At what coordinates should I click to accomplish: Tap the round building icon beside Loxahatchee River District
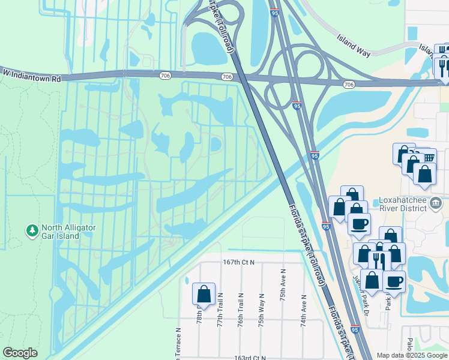pyautogui.click(x=436, y=204)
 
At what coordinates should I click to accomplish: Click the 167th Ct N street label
pyautogui.click(x=238, y=262)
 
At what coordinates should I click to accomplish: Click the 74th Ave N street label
pyautogui.click(x=304, y=311)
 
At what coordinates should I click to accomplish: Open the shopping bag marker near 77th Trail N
pyautogui.click(x=203, y=295)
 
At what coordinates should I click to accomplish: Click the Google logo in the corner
pyautogui.click(x=20, y=353)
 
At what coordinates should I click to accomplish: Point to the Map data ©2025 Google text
pyautogui.click(x=412, y=355)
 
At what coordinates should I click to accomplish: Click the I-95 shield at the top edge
pyautogui.click(x=274, y=13)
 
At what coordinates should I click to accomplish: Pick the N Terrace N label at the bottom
pyautogui.click(x=178, y=345)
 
